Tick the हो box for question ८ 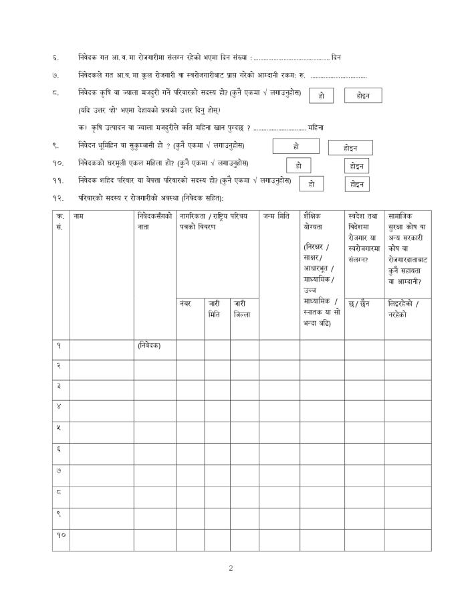(x=322, y=96)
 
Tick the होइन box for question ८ (x=363, y=96)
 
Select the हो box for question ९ (x=296, y=146)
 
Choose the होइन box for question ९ (x=350, y=147)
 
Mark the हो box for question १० (x=298, y=165)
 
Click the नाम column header (x=79, y=215)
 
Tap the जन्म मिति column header (x=276, y=215)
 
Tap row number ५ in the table (x=59, y=427)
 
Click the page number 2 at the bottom (x=231, y=569)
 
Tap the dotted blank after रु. (x=338, y=76)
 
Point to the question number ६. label (x=55, y=58)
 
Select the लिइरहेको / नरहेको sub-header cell (x=404, y=309)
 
